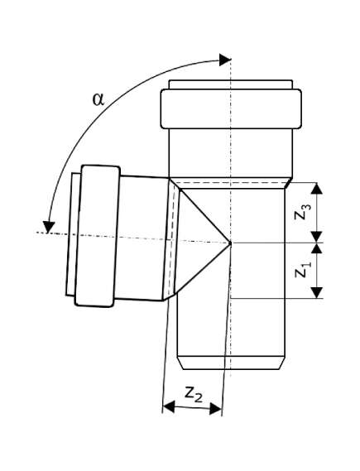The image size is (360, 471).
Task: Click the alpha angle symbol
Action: coord(98,99)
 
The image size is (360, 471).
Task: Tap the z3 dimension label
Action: coord(301,212)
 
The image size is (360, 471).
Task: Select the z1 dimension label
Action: coord(301,269)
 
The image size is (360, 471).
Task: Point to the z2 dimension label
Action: coord(194,394)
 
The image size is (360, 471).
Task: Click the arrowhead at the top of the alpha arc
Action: coord(225,60)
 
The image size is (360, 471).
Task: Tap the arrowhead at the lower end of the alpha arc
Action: coord(48,228)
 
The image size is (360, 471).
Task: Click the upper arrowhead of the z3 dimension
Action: coord(317,188)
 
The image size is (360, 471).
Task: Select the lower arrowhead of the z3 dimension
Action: coord(317,237)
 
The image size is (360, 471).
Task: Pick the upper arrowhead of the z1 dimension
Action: coord(317,248)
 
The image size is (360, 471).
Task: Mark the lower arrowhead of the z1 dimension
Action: coord(317,292)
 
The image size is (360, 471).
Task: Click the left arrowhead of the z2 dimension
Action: coord(169,406)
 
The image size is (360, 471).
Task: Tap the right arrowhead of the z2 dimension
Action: coord(215,409)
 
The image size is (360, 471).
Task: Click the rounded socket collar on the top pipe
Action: coord(231,108)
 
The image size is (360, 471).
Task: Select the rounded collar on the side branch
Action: coord(98,236)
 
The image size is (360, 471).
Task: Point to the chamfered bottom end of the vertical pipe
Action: coord(231,363)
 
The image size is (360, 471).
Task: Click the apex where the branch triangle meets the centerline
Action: coord(231,242)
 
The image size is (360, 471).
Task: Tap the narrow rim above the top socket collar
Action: coord(231,84)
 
